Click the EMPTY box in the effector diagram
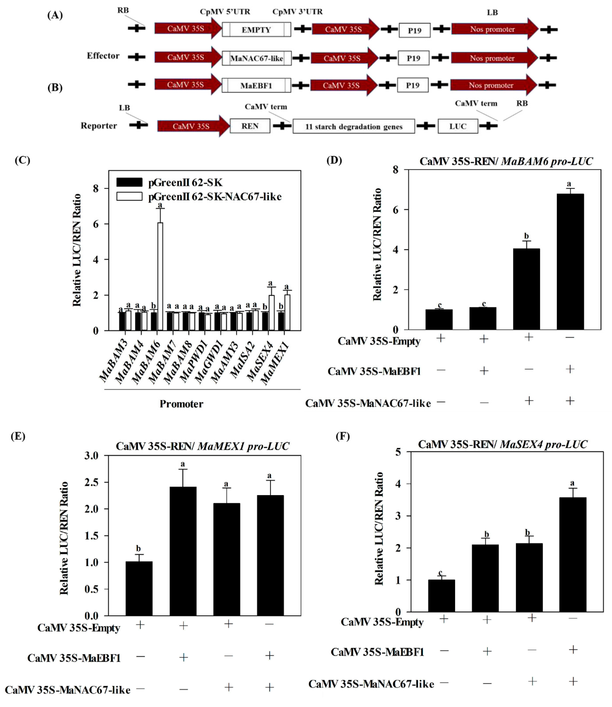point(256,30)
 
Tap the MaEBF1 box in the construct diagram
point(256,85)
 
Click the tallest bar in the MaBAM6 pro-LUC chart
point(570,261)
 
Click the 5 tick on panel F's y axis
point(398,452)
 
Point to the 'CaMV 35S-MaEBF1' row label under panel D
point(374,371)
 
